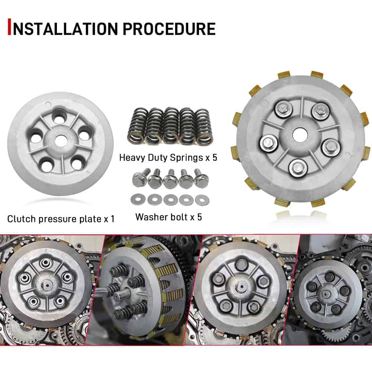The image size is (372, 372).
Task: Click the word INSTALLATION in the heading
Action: click(65, 29)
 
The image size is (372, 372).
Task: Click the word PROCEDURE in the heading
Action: click(169, 29)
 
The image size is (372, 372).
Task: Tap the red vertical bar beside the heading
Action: click(9, 27)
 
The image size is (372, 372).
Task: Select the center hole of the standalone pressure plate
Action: click(60, 142)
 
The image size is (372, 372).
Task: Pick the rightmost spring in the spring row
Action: click(204, 126)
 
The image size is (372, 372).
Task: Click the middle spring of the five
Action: click(170, 126)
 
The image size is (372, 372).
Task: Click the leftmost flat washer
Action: click(138, 199)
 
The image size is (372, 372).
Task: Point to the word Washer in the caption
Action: click(150, 217)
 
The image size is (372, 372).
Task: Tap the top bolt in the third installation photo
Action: click(241, 263)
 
